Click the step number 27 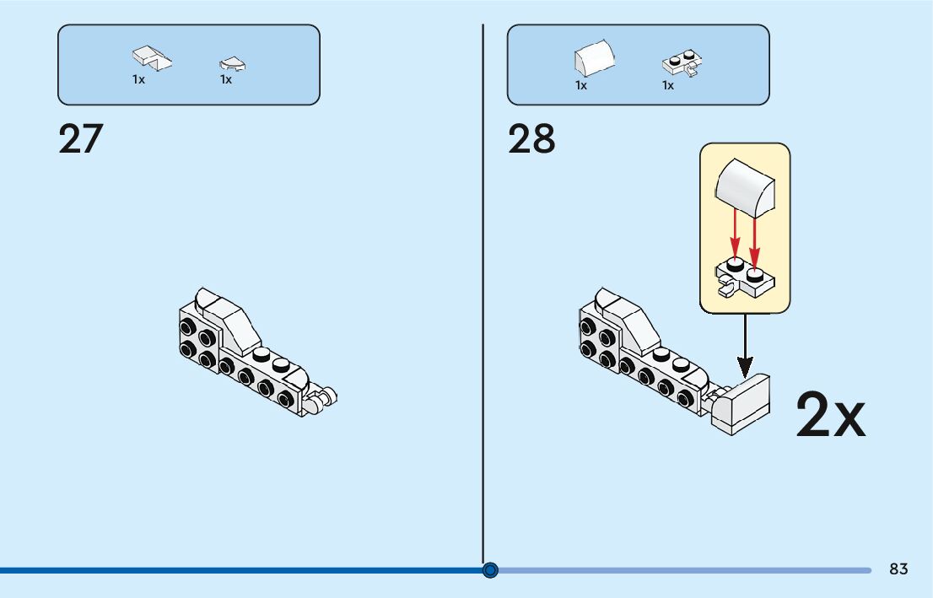81,139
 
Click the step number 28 531,139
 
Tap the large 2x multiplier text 830,415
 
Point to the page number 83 898,569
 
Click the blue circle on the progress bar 491,570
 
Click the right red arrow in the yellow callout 755,236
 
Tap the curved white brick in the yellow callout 746,185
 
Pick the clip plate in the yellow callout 746,279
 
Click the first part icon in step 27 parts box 151,57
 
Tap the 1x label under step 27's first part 138,80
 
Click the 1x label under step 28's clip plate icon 668,85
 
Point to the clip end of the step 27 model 322,397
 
